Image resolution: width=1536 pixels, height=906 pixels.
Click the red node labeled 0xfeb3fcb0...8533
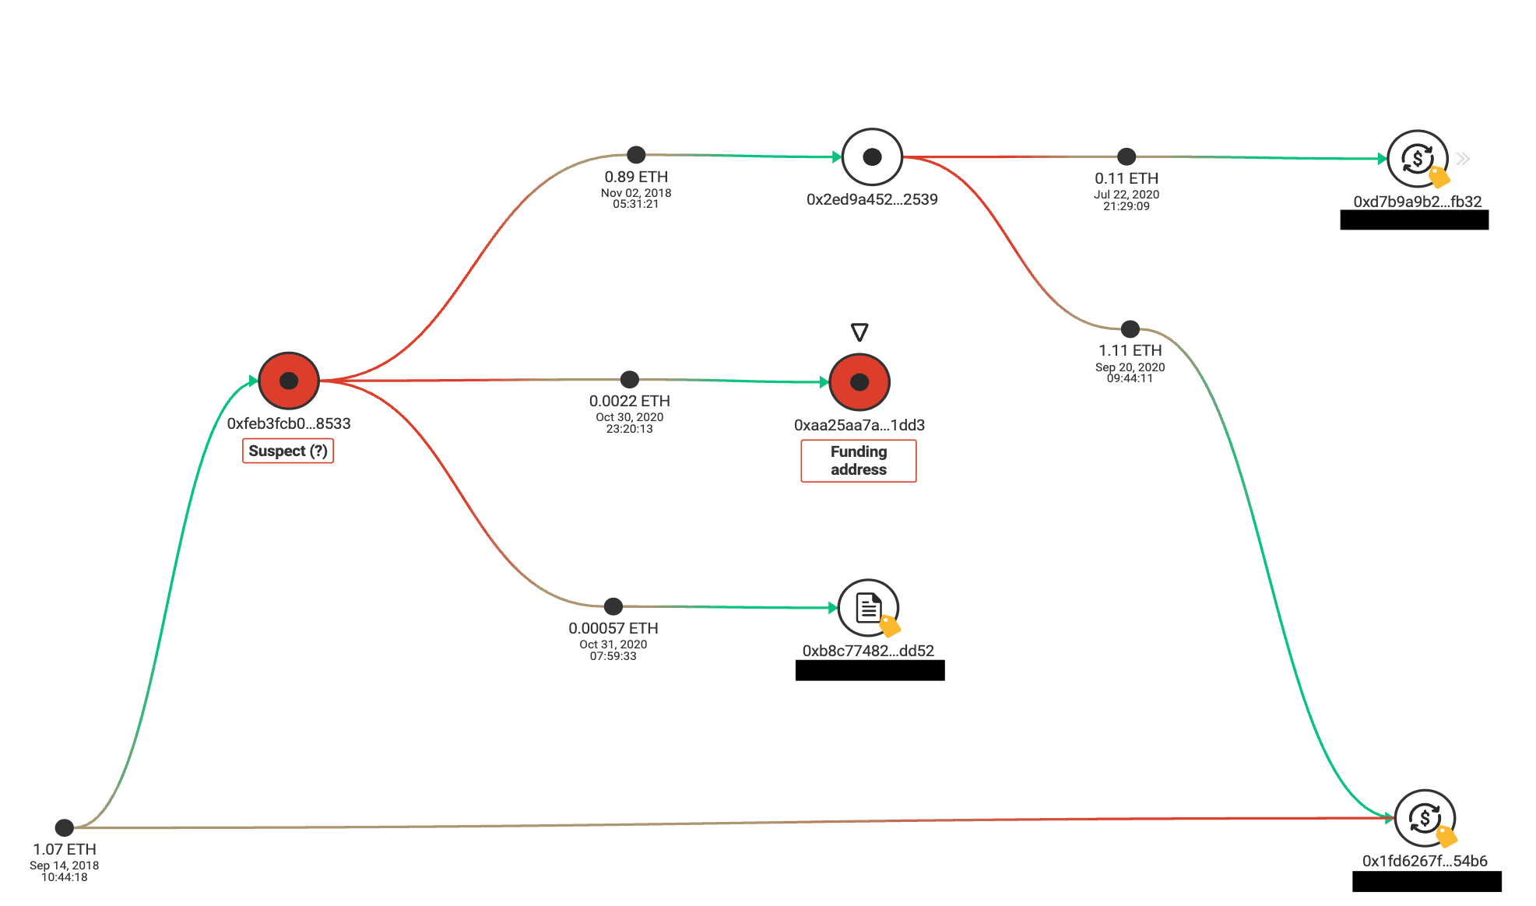click(x=289, y=381)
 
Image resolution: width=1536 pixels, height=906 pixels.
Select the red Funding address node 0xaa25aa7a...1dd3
click(x=859, y=382)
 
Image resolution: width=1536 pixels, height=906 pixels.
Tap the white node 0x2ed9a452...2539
click(x=872, y=157)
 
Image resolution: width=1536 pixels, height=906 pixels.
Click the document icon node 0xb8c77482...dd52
click(x=868, y=608)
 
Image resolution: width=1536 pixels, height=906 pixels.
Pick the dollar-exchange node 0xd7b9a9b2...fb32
click(x=1417, y=159)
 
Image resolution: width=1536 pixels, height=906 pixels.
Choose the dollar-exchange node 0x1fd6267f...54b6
click(x=1424, y=818)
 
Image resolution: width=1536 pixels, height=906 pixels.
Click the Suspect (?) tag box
click(x=288, y=451)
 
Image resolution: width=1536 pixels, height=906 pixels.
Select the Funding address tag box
click(x=859, y=461)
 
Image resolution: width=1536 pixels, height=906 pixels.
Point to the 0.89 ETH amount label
click(x=636, y=177)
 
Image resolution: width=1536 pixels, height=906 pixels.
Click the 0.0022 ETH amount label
click(x=629, y=401)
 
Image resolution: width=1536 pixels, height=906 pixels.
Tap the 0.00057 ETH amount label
click(x=613, y=628)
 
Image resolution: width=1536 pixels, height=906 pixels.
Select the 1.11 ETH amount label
click(x=1130, y=350)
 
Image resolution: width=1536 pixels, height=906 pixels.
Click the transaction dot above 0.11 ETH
click(x=1127, y=156)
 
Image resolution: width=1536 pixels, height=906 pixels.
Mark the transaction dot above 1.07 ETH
click(x=65, y=827)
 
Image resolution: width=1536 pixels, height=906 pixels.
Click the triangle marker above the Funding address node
click(x=859, y=332)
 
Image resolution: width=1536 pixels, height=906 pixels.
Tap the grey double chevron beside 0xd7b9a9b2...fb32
click(x=1464, y=159)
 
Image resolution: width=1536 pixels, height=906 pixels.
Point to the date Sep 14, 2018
click(x=65, y=866)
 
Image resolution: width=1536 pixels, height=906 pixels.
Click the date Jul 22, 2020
click(x=1127, y=195)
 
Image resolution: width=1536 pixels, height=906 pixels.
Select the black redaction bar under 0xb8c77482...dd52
click(x=870, y=670)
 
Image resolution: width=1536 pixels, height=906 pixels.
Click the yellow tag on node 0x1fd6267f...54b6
click(x=1446, y=837)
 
